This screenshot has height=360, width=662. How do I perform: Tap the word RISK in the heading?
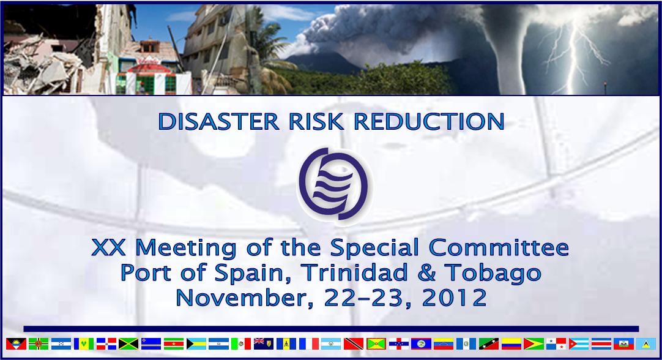[316, 121]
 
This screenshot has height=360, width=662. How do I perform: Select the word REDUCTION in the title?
[429, 121]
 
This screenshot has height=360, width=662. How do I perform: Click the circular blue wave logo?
[333, 184]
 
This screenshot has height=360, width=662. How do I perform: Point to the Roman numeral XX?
[108, 247]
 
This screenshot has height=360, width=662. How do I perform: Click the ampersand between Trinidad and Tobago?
[426, 272]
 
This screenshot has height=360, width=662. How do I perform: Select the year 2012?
[455, 298]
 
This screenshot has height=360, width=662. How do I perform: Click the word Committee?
[499, 247]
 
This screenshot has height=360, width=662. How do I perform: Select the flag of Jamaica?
[128, 343]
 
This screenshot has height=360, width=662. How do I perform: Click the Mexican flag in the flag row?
[241, 343]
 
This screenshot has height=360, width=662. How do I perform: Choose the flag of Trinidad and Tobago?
[354, 343]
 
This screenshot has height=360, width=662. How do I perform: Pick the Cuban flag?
[579, 343]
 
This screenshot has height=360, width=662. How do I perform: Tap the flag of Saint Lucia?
[646, 343]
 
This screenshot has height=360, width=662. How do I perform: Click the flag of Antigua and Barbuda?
[16, 343]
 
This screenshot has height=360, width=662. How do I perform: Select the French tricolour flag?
[309, 343]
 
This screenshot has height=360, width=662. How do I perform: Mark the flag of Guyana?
[534, 343]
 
